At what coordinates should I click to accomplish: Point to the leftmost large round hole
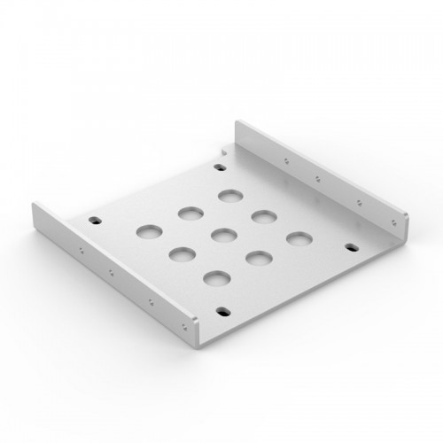pyautogui.click(x=147, y=232)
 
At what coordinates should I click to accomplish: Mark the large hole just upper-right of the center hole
pyautogui.click(x=261, y=216)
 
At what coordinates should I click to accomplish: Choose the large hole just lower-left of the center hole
pyautogui.click(x=181, y=256)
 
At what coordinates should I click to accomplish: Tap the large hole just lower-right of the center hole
pyautogui.click(x=255, y=258)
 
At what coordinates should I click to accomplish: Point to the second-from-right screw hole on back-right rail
pyautogui.click(x=358, y=201)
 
